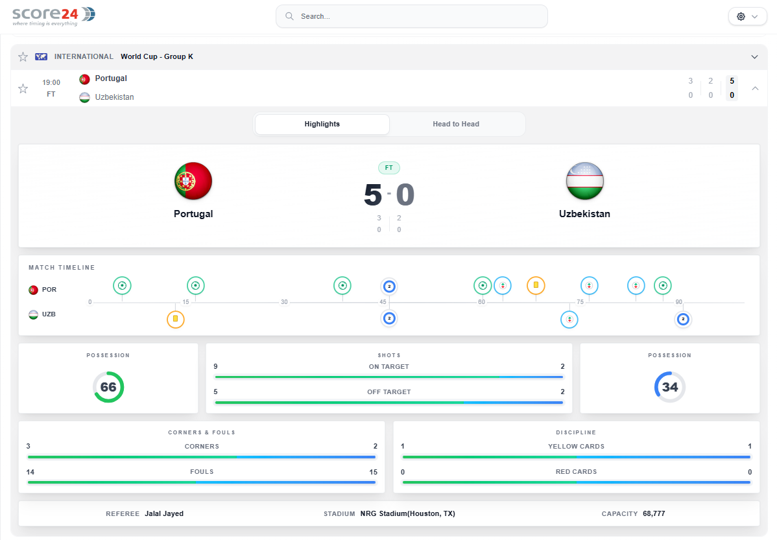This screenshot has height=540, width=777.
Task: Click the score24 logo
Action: click(x=54, y=16)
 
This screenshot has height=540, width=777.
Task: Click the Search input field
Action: click(x=411, y=16)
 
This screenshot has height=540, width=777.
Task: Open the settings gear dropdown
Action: click(x=747, y=16)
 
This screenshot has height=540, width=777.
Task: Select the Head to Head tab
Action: click(x=456, y=124)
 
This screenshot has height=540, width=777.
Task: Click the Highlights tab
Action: click(x=322, y=124)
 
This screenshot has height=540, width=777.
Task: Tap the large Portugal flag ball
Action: click(x=193, y=181)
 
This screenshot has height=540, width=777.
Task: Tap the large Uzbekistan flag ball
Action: click(x=585, y=181)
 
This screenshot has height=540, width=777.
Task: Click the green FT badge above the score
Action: click(x=389, y=168)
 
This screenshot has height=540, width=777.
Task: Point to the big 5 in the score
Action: click(x=373, y=194)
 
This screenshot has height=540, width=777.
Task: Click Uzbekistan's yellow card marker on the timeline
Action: click(x=175, y=319)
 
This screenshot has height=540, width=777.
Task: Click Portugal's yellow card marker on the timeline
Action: click(x=536, y=285)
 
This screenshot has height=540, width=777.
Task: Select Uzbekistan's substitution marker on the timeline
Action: click(x=569, y=320)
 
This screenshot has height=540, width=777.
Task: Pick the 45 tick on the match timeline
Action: click(x=383, y=301)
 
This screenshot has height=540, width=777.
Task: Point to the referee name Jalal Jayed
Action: click(x=164, y=513)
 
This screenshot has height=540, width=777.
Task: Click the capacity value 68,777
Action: click(x=654, y=513)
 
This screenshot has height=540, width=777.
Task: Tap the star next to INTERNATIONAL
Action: click(x=23, y=57)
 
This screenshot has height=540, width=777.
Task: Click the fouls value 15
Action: click(x=373, y=472)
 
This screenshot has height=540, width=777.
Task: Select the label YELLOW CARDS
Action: click(x=577, y=447)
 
